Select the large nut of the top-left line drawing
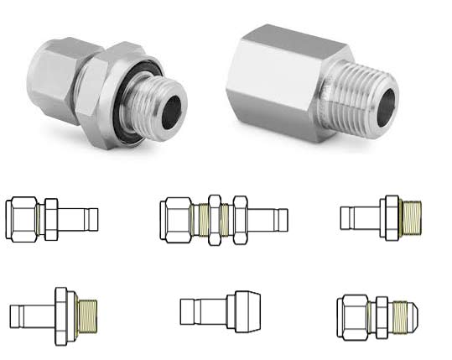[23, 218]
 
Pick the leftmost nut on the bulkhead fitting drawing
[177, 219]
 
